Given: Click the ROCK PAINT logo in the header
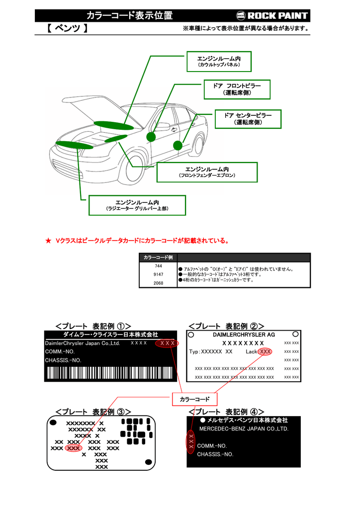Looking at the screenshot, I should (x=272, y=15).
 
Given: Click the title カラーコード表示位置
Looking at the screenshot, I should (x=129, y=15).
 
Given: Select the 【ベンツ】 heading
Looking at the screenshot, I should (x=67, y=28).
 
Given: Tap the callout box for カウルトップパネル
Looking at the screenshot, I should (x=219, y=62).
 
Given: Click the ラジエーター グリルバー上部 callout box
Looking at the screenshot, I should (x=137, y=205).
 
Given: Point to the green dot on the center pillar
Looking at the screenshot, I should (x=178, y=145).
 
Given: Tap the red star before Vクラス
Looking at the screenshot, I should (x=48, y=241).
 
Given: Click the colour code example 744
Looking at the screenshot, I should (x=158, y=266).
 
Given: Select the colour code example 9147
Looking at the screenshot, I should (x=158, y=274).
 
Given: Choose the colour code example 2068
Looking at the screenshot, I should (x=158, y=283).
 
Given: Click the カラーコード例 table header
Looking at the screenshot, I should (x=158, y=257).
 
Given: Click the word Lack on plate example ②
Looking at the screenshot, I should (x=251, y=352).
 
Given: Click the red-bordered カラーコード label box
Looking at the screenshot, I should (x=194, y=399).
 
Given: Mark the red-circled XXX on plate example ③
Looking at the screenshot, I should (x=73, y=448).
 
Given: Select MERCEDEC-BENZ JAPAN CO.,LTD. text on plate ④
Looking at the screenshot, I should (x=244, y=428).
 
